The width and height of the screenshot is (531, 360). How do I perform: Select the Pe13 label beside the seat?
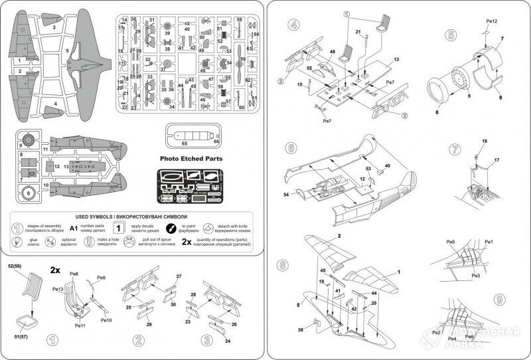[x=58, y=290]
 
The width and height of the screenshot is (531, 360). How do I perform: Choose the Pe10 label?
[x=106, y=321]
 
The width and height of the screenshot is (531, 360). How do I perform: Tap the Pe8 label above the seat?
[x=74, y=274]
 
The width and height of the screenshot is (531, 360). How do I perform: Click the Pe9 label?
[x=102, y=278]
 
